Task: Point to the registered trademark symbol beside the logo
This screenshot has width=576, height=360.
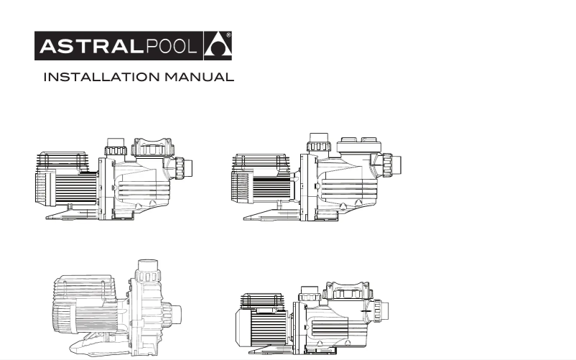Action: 228,34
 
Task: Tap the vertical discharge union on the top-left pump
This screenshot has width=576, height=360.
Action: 116,149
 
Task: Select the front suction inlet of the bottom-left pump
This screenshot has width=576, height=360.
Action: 172,313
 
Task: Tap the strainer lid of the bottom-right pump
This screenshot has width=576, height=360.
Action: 348,291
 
